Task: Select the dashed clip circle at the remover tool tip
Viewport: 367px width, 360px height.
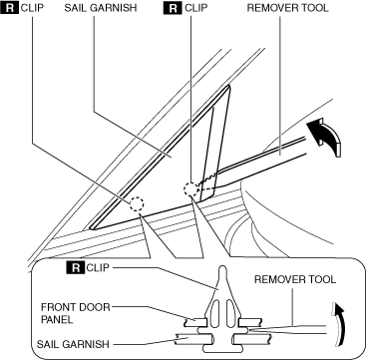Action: pos(191,189)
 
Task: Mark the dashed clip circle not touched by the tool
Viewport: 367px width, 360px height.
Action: pos(137,204)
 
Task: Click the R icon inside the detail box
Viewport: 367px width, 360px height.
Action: pos(76,267)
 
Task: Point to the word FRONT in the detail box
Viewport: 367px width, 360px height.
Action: pos(57,307)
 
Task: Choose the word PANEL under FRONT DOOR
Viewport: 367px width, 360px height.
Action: pos(56,319)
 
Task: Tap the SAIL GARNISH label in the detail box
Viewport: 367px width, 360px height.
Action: pos(73,344)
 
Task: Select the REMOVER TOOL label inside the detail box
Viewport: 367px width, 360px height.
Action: pos(295,279)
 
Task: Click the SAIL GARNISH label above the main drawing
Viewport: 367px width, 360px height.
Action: pos(101,8)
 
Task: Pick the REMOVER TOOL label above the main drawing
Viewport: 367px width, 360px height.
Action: pos(288,8)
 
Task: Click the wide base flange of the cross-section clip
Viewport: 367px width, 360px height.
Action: pos(222,349)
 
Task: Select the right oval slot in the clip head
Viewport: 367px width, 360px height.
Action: pos(229,313)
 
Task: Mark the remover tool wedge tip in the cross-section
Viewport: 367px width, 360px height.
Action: pos(248,330)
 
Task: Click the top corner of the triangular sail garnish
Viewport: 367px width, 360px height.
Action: pos(228,86)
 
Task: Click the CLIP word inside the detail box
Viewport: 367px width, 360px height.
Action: pos(98,267)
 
